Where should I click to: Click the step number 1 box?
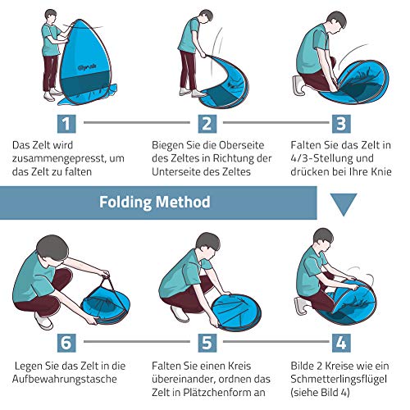(x=66, y=124)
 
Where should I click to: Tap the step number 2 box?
(x=207, y=124)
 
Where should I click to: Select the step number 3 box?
(x=341, y=124)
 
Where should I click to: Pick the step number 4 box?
(x=341, y=343)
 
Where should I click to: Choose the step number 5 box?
(x=207, y=343)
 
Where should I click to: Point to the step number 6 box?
(x=66, y=343)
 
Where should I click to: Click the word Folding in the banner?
(x=125, y=203)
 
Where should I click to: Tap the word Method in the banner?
(x=183, y=202)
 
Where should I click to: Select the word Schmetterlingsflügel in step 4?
(x=339, y=380)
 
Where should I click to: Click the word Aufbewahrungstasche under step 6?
(x=65, y=380)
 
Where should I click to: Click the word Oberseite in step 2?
(x=241, y=145)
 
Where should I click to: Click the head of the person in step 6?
(x=52, y=248)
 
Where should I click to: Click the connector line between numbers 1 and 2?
(x=137, y=122)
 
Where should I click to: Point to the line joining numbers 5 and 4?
(x=276, y=341)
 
